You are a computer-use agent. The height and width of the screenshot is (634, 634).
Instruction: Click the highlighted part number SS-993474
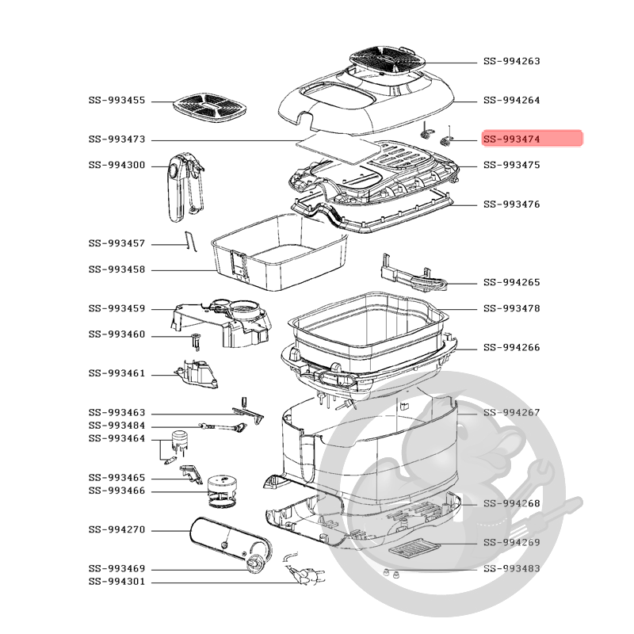pos(511,139)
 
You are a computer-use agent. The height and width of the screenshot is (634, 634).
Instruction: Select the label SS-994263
pos(511,61)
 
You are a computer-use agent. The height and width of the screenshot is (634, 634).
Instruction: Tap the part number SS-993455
pos(116,101)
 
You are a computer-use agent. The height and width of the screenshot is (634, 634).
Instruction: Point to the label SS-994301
pos(116,582)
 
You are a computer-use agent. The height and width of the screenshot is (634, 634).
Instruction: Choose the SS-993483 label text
pos(511,568)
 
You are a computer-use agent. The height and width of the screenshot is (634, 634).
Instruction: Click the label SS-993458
pos(116,269)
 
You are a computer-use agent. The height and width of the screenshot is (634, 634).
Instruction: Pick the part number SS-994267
pos(511,412)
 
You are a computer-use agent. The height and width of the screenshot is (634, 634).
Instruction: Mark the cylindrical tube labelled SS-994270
pos(227,540)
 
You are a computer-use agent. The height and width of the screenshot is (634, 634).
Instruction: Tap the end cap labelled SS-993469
pos(256,563)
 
